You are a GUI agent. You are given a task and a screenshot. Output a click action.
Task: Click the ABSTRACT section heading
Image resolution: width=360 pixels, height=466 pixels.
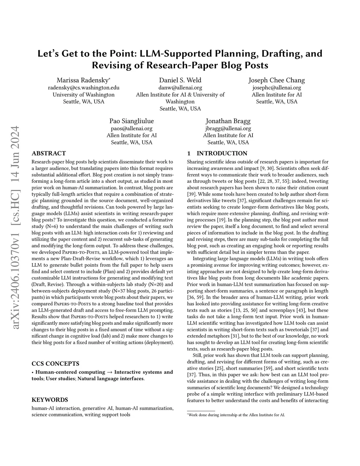click(49, 153)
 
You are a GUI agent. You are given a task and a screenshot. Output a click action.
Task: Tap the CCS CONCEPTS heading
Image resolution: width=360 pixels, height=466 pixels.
click(56, 364)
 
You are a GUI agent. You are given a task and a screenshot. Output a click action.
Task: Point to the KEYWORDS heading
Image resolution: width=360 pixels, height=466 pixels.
click(50, 400)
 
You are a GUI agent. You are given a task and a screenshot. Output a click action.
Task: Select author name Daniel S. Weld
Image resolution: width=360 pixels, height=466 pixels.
click(180, 80)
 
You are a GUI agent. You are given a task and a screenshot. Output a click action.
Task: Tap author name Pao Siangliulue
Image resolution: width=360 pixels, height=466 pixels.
click(131, 121)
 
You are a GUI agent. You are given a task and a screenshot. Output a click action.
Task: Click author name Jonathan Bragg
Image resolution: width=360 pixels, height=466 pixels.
click(228, 121)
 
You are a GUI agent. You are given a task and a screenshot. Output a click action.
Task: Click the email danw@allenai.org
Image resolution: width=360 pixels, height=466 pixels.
click(180, 88)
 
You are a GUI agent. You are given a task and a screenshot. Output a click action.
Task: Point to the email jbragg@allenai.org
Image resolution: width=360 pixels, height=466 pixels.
click(228, 129)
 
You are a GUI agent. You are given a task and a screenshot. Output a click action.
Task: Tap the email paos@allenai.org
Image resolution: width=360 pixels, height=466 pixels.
click(131, 129)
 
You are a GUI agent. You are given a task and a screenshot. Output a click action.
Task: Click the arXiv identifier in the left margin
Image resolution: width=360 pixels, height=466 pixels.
click(15, 229)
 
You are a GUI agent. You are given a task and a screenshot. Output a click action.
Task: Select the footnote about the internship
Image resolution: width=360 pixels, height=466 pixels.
click(236, 415)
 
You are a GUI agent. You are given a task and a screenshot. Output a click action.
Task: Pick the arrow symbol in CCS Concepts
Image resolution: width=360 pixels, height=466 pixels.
click(110, 372)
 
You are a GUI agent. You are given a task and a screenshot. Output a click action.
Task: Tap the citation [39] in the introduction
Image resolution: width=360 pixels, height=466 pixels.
click(192, 194)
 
